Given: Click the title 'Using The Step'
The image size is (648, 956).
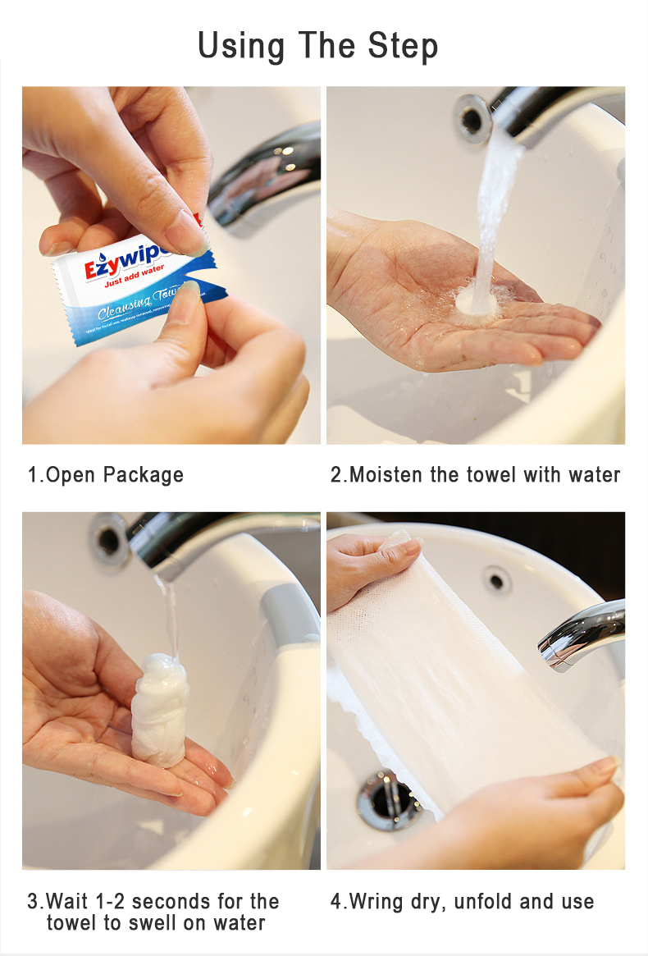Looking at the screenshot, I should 318,46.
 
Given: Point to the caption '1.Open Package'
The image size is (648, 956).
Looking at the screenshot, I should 106,475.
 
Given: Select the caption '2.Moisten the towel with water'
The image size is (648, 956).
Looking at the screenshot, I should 475,475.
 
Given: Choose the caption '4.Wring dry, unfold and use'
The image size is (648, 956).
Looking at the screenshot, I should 462,902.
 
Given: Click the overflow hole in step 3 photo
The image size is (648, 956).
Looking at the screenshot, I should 109,539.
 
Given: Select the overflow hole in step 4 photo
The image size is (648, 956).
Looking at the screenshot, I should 496,580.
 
